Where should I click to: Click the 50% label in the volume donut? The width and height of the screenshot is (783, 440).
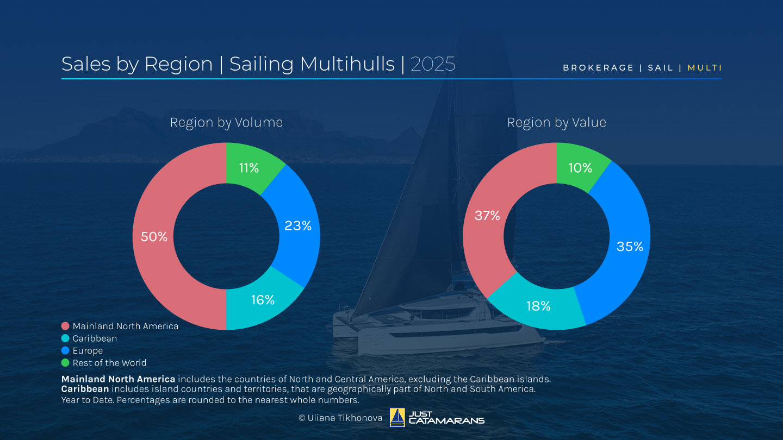tap(154, 237)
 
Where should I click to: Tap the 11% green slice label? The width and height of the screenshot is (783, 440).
tap(249, 168)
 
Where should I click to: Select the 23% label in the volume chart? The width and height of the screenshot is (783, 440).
tap(298, 226)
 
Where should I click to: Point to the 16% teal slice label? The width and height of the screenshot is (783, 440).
tap(263, 300)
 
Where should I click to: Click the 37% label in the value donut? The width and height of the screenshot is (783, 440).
tap(487, 216)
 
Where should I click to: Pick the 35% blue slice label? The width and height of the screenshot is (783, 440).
tap(630, 247)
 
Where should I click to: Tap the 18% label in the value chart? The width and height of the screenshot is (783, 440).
tap(538, 306)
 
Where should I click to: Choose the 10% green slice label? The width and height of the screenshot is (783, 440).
tap(580, 168)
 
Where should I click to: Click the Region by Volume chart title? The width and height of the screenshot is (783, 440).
tap(226, 123)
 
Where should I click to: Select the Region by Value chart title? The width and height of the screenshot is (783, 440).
tap(556, 123)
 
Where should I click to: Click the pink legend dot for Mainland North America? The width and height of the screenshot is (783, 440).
tap(65, 326)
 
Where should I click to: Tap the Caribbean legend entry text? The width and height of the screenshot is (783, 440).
tap(95, 338)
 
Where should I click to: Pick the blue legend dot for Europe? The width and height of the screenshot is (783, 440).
tap(65, 351)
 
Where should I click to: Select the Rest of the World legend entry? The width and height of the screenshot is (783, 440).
tap(109, 363)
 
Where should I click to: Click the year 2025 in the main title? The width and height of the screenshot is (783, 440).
tap(433, 64)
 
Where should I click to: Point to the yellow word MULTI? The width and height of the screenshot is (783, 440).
tap(705, 68)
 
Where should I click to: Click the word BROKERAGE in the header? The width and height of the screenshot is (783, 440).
tap(598, 68)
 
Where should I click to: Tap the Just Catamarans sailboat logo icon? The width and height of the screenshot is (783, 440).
tap(397, 417)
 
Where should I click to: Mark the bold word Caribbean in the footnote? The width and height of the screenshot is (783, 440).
tap(85, 389)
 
